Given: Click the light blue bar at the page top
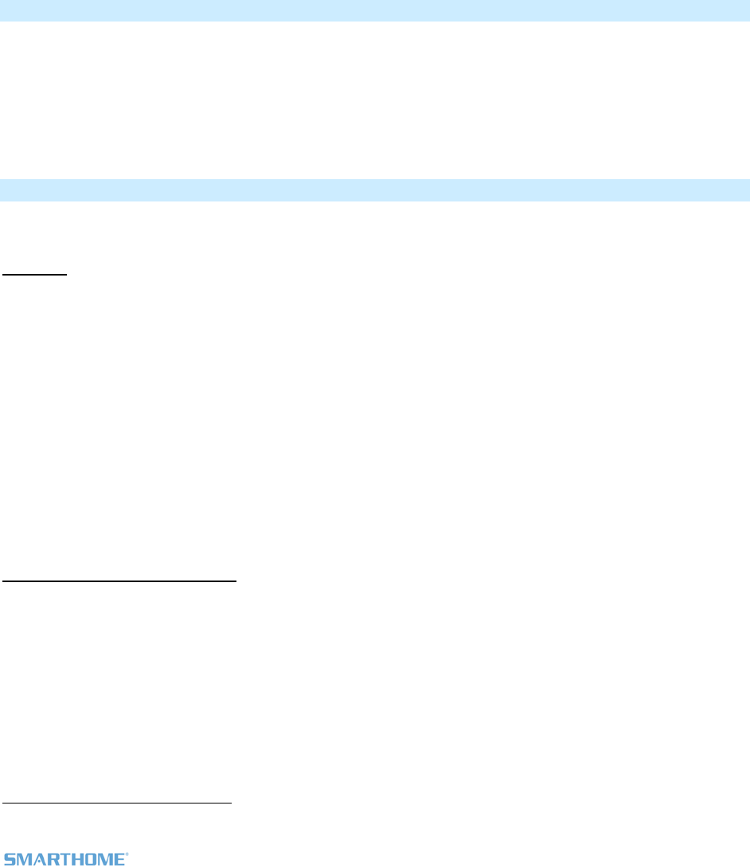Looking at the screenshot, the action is [375, 10].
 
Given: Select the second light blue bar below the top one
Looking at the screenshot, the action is [375, 190].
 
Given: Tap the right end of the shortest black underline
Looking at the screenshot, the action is [68, 274].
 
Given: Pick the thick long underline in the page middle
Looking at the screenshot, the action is [119, 581].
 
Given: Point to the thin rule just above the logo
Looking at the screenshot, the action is [117, 803].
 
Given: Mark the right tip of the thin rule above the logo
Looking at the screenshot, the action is [231, 803].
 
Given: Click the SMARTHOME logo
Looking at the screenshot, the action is [65, 859].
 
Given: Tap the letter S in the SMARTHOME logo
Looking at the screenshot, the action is [10, 860].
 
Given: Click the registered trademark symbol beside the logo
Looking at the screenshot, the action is [126, 854].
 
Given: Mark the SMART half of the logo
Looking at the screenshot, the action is [35, 860].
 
